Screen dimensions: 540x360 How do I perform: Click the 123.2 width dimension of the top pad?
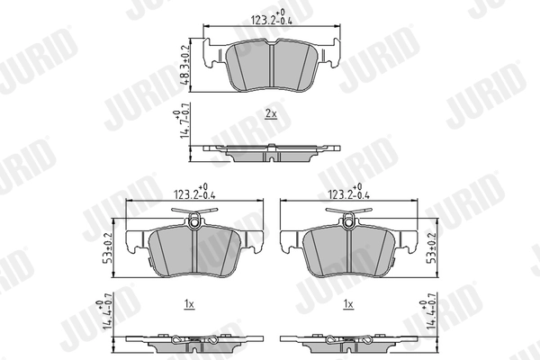tap(272, 17)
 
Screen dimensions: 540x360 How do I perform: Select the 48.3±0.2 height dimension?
tap(185, 65)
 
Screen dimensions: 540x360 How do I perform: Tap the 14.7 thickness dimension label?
tap(185, 120)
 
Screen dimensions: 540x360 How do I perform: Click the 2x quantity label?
tap(271, 113)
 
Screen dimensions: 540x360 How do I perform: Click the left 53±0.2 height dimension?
tap(108, 248)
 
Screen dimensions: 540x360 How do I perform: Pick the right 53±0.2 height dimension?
tap(431, 248)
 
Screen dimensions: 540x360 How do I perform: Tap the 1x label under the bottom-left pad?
tap(189, 304)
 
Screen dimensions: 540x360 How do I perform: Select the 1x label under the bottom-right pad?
tap(348, 304)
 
